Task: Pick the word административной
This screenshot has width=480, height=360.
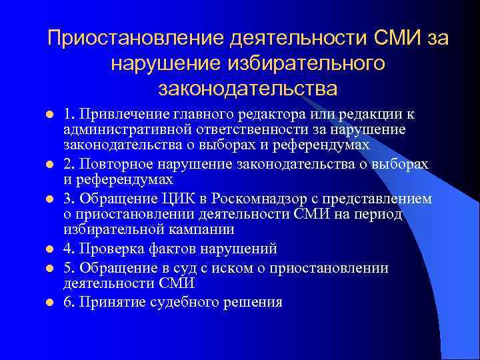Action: coord(124,128)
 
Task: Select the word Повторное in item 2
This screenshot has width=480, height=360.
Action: coord(111,164)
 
